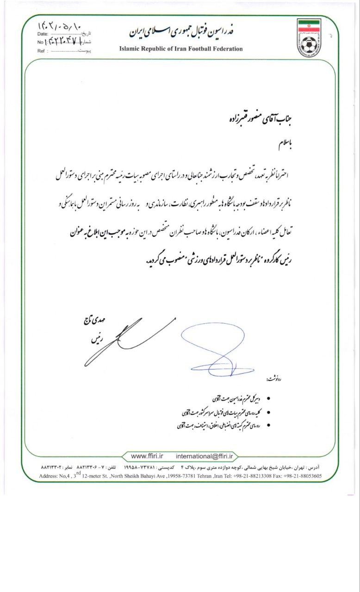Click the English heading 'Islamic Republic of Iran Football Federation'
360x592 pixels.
[x=181, y=49]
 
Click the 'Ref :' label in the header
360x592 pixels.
[x=43, y=51]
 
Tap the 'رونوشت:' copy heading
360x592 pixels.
[x=276, y=379]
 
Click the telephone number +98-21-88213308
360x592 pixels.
[x=249, y=475]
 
